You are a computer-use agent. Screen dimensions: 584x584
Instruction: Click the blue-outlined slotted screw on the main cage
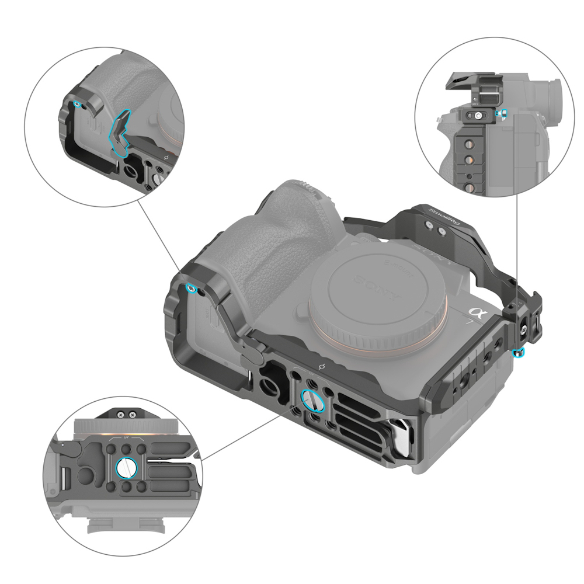[x=310, y=401]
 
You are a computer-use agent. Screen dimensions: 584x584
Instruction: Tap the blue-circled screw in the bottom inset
[x=126, y=467]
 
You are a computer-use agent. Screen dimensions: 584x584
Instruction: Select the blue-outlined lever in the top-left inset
[x=121, y=133]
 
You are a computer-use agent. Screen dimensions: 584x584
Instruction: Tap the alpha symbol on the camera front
[x=478, y=316]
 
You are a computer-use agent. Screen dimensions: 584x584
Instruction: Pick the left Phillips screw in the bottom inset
[x=120, y=414]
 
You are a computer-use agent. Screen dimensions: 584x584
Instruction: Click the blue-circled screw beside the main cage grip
[x=190, y=288]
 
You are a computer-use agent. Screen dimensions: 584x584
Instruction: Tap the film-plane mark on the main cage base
[x=321, y=367]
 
